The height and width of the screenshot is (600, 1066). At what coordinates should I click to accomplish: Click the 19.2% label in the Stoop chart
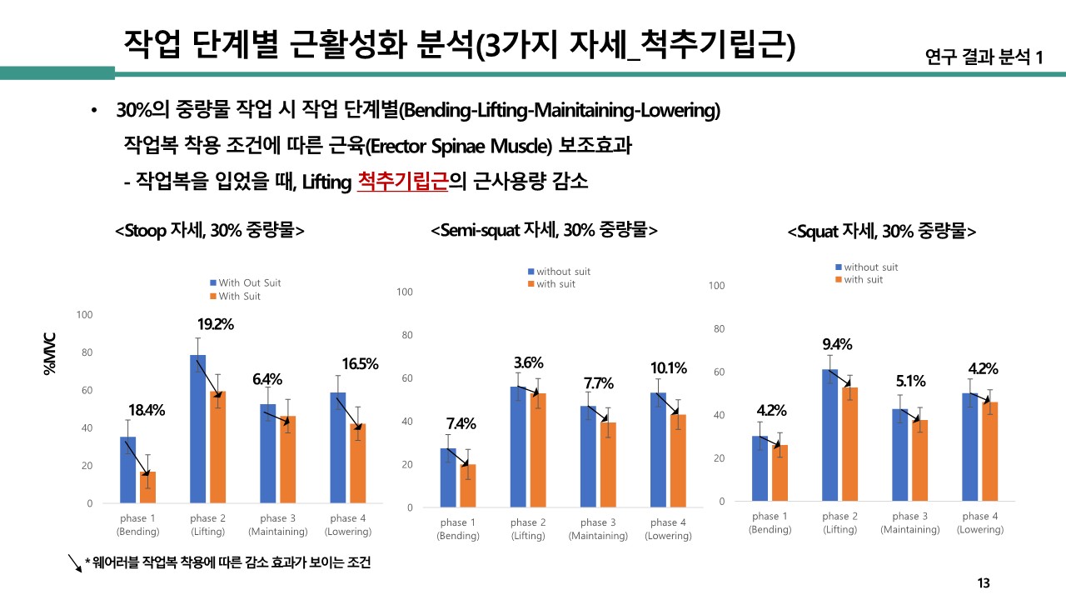[216, 324]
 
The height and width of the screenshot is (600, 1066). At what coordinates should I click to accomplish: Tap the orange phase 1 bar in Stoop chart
[147, 487]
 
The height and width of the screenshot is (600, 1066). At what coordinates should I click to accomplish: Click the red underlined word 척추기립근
[402, 181]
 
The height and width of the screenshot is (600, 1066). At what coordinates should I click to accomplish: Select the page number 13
[984, 582]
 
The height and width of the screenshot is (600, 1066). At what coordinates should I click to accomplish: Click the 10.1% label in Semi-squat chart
[668, 367]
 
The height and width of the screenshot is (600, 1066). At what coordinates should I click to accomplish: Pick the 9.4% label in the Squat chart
[836, 344]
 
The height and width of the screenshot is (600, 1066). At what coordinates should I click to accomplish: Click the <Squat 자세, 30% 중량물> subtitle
[881, 232]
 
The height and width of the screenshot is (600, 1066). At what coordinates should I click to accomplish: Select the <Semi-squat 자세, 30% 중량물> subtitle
[544, 230]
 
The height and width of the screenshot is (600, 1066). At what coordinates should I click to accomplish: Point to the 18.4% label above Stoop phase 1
[147, 410]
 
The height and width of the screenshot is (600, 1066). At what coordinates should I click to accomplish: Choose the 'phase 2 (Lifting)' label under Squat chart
[839, 522]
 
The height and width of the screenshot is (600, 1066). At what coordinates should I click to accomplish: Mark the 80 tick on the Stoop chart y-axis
[84, 352]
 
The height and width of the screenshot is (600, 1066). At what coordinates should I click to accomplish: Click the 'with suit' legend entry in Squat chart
[863, 279]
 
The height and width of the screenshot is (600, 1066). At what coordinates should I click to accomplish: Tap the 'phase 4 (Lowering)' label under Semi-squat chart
[668, 529]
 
